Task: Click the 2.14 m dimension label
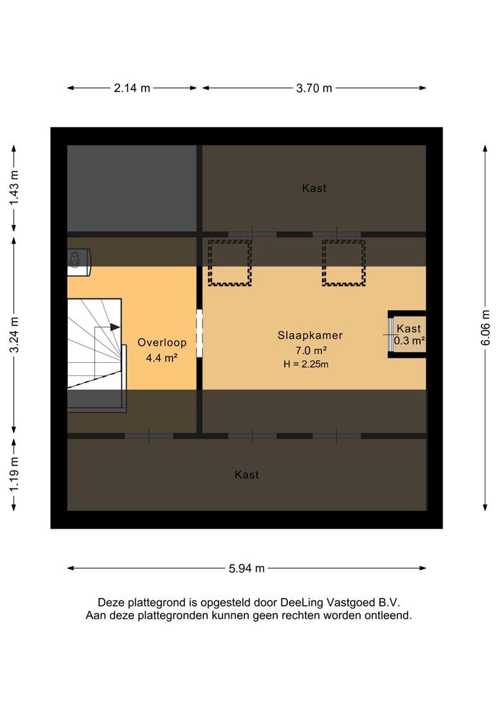point(132,88)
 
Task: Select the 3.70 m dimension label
point(314,88)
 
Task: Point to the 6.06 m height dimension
point(485,328)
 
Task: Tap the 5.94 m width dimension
point(247,569)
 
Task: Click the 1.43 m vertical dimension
point(14,188)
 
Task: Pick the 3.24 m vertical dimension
point(14,335)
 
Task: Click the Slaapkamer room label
point(310,336)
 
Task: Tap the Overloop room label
point(162,343)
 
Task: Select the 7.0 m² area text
point(311,351)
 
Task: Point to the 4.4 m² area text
point(162,358)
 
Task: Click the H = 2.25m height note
point(306,364)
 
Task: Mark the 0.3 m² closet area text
point(409,340)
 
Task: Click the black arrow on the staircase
point(115,327)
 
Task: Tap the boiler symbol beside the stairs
point(79,262)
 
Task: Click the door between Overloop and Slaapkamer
point(199,333)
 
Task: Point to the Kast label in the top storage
point(314,189)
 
